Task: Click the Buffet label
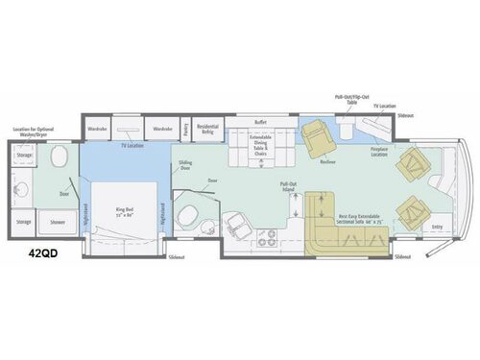pos(260,123)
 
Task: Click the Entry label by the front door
pos(438,227)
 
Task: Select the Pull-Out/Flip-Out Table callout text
pos(342,99)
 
